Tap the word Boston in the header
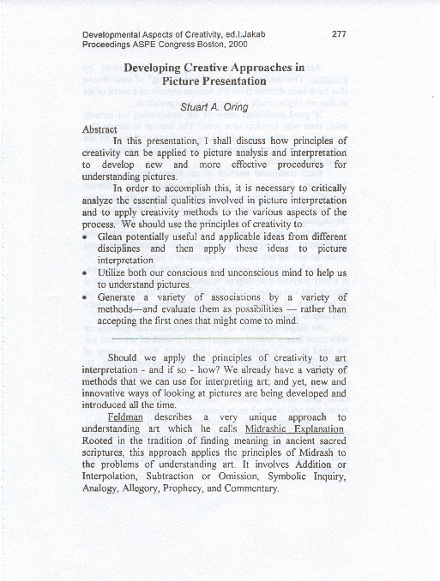pyautogui.click(x=198, y=44)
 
